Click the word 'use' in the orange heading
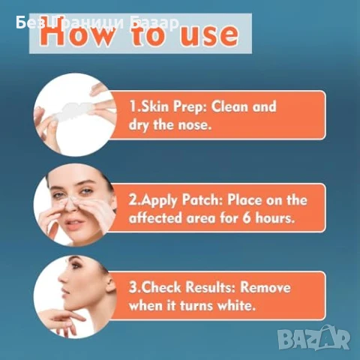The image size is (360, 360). pos(209,35)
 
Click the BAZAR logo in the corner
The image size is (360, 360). pos(314,337)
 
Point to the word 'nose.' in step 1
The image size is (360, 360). pos(194,124)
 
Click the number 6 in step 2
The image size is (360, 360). pos(247,218)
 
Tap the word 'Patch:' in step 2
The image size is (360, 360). pos(202,200)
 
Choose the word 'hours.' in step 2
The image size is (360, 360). pos(274,217)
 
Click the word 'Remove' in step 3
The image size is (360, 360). pos(265,287)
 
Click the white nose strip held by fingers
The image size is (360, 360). pos(74,111)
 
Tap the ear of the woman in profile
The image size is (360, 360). pos(109,285)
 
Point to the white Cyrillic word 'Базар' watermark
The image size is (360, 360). pos(154,23)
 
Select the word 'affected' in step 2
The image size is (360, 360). pos(155,217)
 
